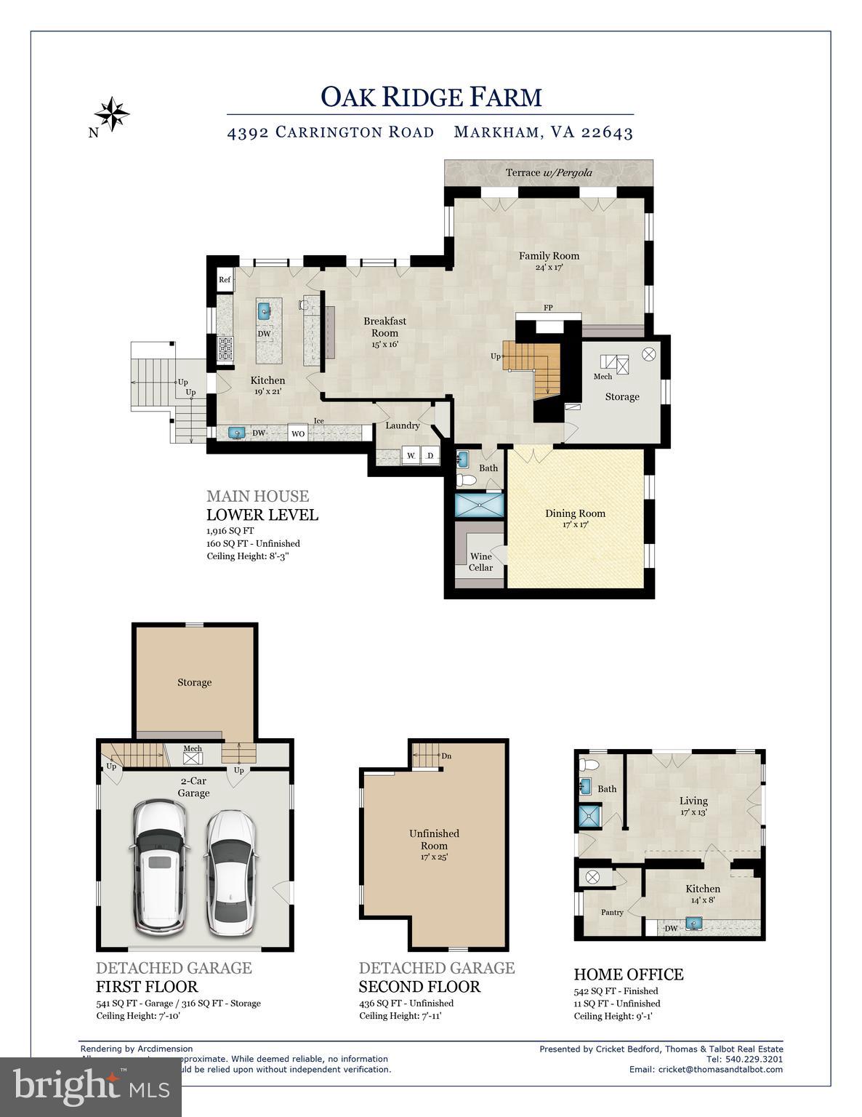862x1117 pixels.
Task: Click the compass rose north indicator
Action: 111,113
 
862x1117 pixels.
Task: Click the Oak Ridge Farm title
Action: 431,97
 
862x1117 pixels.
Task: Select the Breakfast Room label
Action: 384,327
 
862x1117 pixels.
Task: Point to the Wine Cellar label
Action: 480,561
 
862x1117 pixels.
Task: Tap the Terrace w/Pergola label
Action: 549,172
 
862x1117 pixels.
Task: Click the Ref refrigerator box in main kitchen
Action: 225,280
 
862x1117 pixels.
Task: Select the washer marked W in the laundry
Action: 411,456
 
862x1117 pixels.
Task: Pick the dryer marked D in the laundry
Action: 430,456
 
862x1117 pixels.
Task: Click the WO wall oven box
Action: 298,433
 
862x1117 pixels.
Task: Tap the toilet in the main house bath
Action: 466,480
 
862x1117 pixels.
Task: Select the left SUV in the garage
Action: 160,867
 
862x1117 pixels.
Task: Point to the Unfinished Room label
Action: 434,839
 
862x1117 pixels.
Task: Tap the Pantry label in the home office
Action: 612,912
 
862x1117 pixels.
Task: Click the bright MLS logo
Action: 91,1087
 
